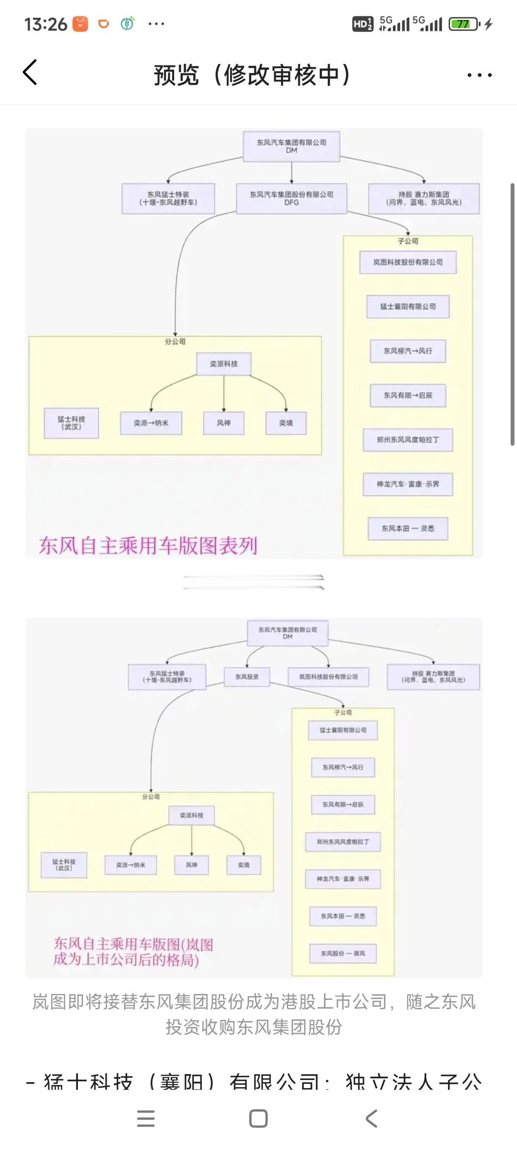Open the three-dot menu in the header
pos(479,75)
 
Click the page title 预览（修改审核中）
pos(253,75)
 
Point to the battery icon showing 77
pos(464,24)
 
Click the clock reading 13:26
pos(45,24)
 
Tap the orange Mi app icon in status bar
pos(80,24)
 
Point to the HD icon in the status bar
pos(362,24)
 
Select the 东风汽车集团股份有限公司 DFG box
pos(291,198)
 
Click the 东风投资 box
pos(247,677)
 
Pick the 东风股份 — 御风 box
pos(342,953)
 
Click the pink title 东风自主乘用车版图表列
pos(148,545)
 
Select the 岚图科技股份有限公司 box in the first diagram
pos(408,262)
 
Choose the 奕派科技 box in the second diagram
pos(192,815)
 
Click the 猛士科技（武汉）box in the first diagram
pos(71,423)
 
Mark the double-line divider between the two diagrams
pos(253,582)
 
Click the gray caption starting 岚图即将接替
pos(253,1014)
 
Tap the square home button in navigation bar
pos(258,1118)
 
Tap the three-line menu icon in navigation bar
pos(146,1118)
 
